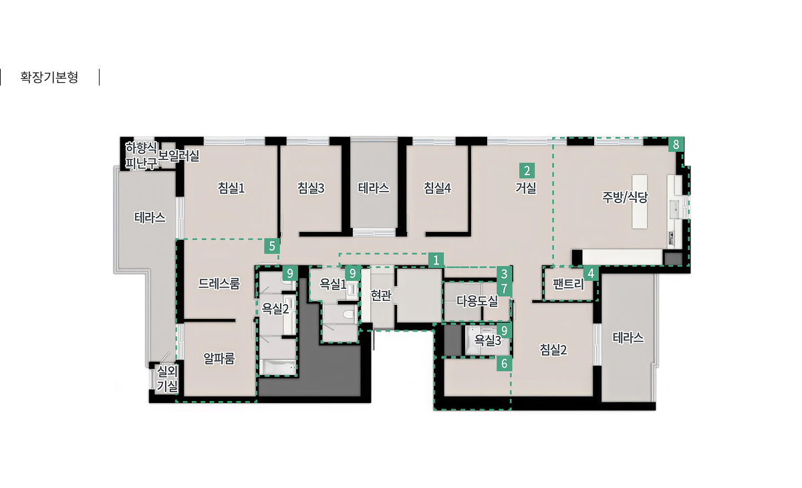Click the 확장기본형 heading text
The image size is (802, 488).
click(49, 77)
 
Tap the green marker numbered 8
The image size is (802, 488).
click(676, 144)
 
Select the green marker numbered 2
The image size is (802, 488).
click(527, 170)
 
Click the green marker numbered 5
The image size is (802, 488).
click(272, 246)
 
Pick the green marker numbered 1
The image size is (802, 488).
click(436, 260)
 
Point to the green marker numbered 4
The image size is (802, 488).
click(591, 274)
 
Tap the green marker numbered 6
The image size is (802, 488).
click(504, 364)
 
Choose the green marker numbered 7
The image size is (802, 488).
click(504, 289)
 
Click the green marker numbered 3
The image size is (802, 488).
click(504, 274)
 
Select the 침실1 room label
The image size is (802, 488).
click(231, 188)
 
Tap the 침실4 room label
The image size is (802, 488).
click(437, 188)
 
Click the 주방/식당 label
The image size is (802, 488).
click(625, 197)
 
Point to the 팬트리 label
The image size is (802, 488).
click(569, 284)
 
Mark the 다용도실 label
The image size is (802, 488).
click(477, 301)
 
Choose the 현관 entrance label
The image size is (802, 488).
click(380, 295)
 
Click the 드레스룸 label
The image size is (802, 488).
click(219, 283)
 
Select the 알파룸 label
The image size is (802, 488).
click(219, 358)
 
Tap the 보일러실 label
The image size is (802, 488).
click(178, 156)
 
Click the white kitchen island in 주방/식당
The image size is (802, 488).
click(640, 202)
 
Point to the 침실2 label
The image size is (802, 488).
click(553, 350)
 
